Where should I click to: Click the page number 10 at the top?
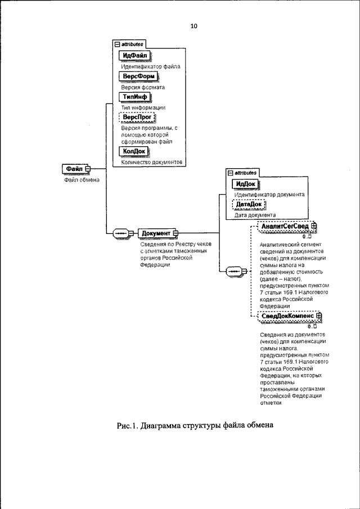click(x=194, y=26)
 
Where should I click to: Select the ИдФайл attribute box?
click(x=136, y=56)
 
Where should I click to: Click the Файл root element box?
click(x=75, y=169)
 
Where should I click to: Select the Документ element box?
click(x=156, y=233)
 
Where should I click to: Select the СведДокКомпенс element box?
click(x=288, y=317)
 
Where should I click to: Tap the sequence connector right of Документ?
click(x=234, y=272)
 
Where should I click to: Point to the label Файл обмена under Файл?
click(x=78, y=180)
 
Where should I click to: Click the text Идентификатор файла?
click(x=151, y=66)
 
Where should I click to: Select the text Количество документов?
click(x=152, y=162)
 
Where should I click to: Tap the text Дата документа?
click(x=255, y=215)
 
